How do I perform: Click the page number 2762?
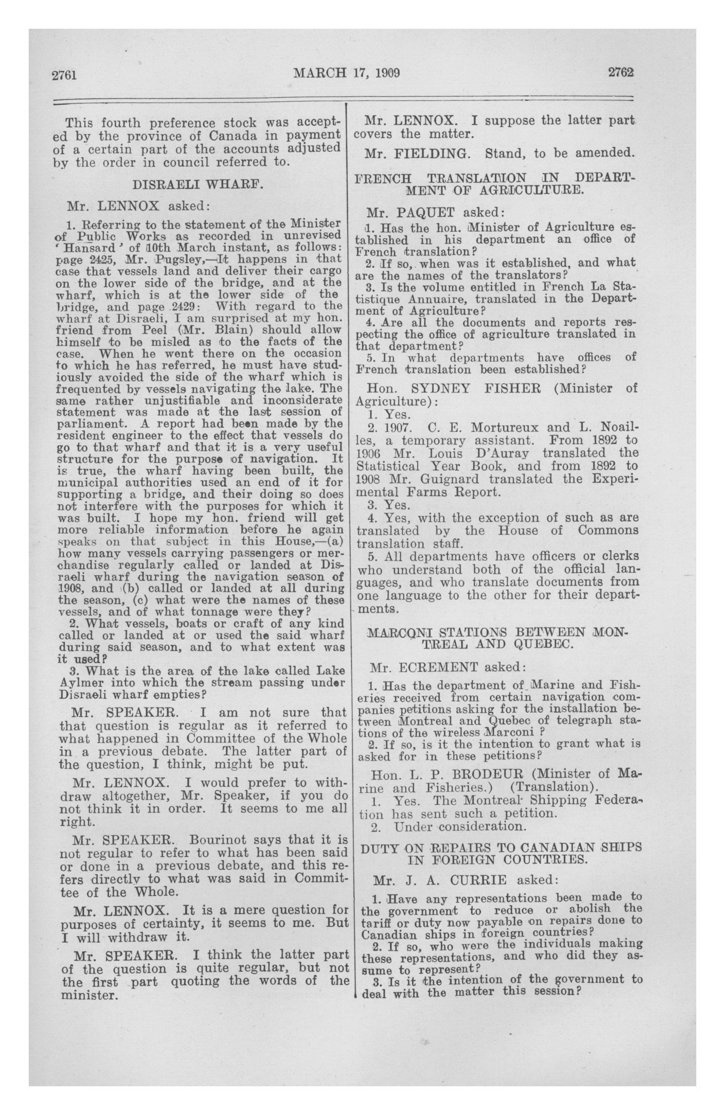621,72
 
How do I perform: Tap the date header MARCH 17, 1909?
346,72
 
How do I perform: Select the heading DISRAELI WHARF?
198,184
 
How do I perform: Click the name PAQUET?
426,213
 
